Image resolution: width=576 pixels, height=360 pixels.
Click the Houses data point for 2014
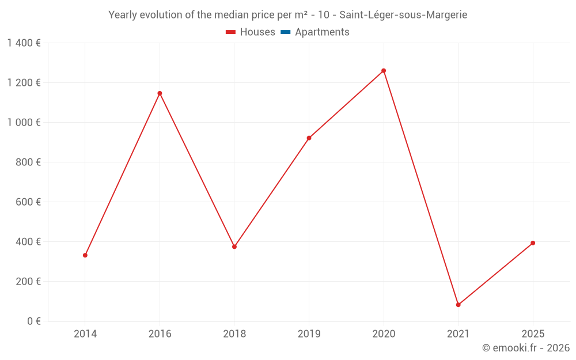85,255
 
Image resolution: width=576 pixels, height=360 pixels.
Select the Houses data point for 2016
160,93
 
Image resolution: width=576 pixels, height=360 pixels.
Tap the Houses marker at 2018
234,247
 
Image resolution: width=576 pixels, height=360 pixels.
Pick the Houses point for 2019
309,138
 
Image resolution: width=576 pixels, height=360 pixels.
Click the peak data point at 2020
384,71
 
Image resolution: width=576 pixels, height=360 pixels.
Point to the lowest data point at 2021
458,305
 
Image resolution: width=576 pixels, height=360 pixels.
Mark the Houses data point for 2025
533,243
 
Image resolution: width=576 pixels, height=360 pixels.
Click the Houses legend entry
251,32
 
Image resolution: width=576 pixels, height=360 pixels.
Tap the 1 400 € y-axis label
24,43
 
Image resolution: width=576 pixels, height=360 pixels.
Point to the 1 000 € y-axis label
24,122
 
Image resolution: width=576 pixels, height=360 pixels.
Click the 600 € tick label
28,202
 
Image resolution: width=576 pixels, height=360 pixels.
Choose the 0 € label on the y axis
33,321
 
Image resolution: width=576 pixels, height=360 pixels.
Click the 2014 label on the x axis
85,334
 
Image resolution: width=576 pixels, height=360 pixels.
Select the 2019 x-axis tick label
309,334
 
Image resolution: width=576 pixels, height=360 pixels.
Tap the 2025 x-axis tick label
533,334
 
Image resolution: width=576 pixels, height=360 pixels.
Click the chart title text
288,15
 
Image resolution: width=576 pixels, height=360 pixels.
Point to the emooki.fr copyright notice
526,348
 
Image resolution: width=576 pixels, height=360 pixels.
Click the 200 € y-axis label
28,282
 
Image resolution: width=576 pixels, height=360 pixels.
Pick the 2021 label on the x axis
458,334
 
